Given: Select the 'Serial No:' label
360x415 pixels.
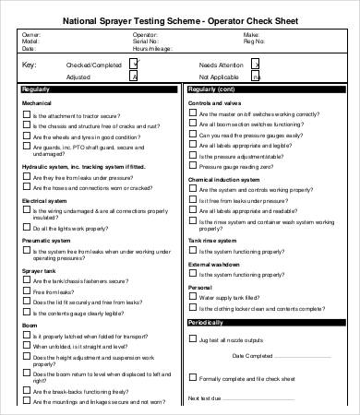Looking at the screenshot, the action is (x=124, y=41).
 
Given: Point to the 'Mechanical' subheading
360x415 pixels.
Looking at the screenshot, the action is (x=37, y=104).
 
